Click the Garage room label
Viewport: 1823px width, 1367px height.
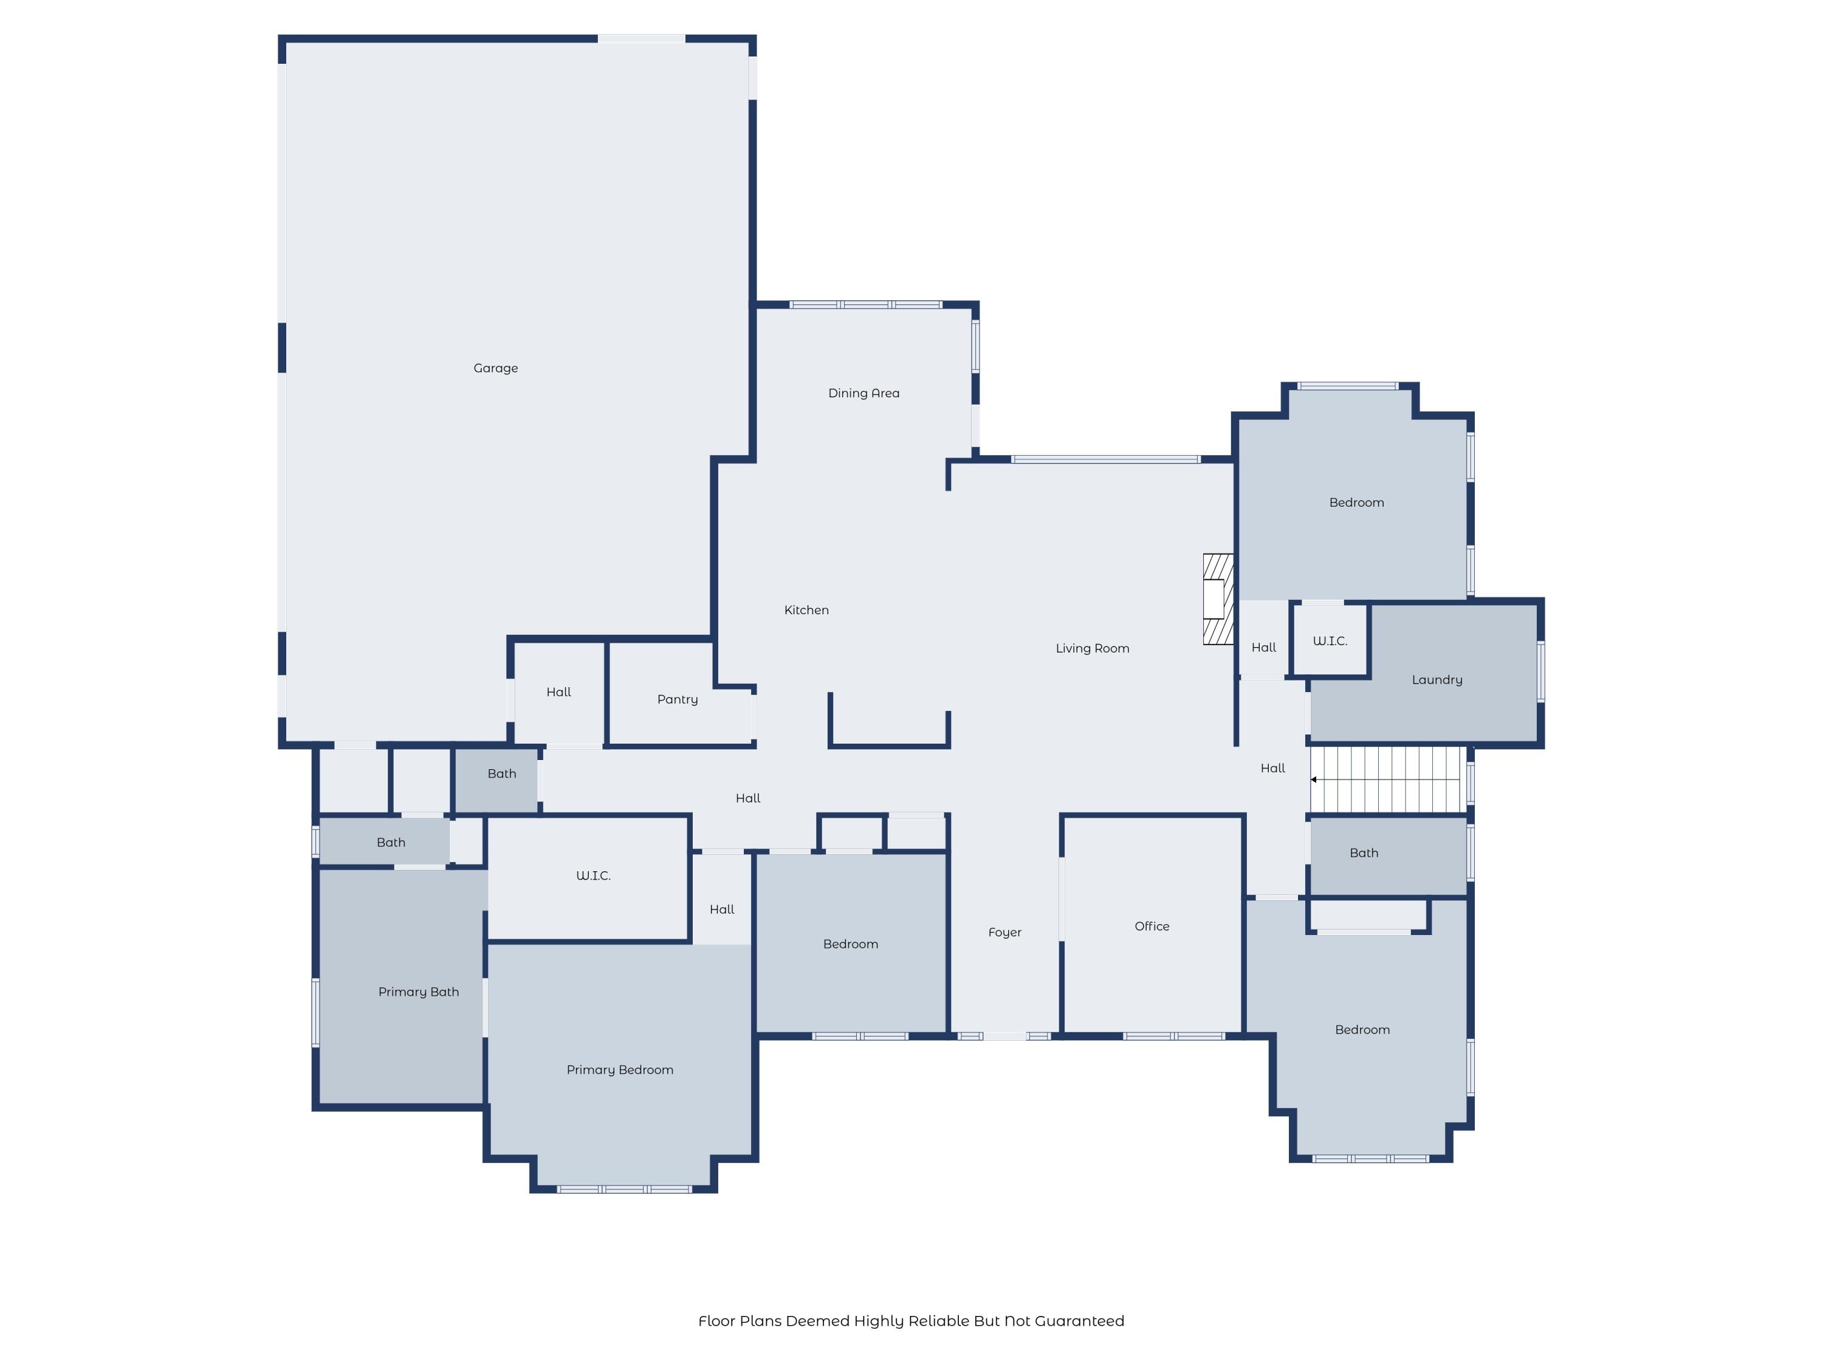(x=495, y=368)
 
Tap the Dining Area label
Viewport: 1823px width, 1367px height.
(x=863, y=393)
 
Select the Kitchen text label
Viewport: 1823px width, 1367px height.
(x=806, y=610)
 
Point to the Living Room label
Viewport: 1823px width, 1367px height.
(x=1092, y=648)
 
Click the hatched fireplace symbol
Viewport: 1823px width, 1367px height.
(x=1217, y=599)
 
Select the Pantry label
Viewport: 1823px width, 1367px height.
(x=678, y=699)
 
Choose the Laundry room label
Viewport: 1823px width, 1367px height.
(x=1437, y=680)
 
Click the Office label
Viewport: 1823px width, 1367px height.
(x=1152, y=926)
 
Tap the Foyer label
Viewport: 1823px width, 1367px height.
(x=1004, y=933)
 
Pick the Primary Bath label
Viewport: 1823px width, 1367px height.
(x=418, y=992)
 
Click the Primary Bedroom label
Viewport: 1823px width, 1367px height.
(x=620, y=1069)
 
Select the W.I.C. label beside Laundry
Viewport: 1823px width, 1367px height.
(x=1330, y=641)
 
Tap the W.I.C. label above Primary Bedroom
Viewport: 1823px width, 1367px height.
(x=592, y=876)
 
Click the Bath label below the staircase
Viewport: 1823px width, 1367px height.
(x=1363, y=853)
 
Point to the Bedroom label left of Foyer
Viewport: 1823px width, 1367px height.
(x=851, y=944)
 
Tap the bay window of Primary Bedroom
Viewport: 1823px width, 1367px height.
(x=624, y=1189)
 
